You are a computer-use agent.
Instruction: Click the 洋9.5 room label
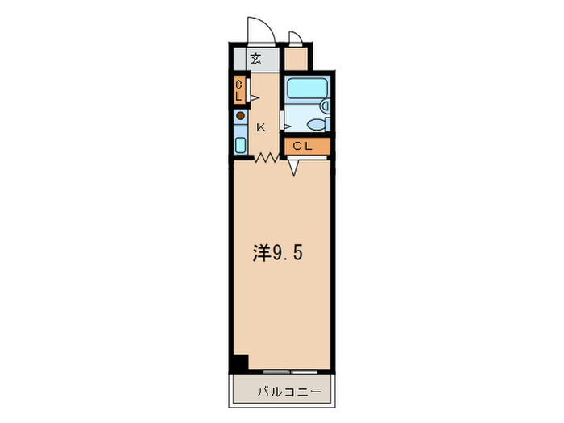[278, 254]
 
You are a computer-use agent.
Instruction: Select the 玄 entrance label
[255, 59]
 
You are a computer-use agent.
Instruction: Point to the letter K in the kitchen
[261, 127]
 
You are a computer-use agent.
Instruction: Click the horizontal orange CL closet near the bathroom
[306, 146]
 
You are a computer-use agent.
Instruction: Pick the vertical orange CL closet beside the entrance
[238, 90]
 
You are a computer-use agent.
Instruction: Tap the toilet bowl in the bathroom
[315, 125]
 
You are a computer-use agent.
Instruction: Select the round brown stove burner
[240, 117]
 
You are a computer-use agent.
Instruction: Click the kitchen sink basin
[240, 145]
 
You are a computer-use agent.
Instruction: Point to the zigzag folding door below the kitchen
[266, 158]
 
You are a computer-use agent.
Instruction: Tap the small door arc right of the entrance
[297, 37]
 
